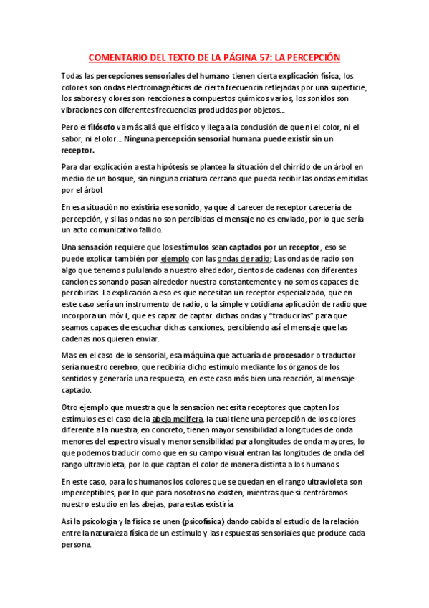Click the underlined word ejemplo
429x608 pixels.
coord(176,259)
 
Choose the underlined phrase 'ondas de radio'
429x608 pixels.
coord(243,259)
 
